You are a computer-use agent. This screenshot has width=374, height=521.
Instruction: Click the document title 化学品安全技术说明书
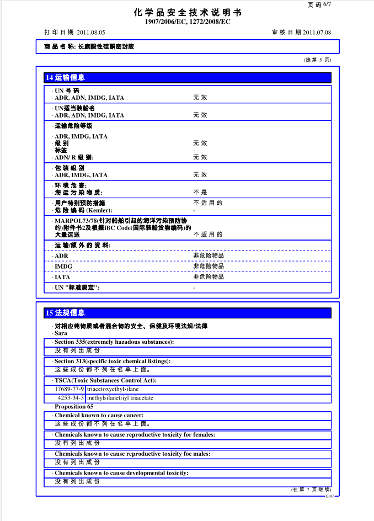187,13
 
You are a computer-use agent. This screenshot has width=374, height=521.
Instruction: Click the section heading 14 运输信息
65,78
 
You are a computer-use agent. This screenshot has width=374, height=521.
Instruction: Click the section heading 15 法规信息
65,313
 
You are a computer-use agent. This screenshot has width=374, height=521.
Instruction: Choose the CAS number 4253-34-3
70,397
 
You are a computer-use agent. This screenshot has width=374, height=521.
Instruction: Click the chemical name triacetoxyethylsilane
113,389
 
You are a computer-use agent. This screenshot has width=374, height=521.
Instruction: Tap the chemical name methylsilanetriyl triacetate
120,397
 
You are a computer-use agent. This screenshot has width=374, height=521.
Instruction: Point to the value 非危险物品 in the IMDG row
209,266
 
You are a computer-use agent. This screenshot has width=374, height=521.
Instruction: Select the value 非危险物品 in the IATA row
209,277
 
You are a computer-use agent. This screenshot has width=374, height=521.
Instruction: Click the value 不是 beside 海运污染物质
200,193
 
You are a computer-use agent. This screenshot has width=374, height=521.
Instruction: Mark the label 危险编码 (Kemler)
83,210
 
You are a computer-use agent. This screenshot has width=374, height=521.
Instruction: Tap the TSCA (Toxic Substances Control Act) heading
105,380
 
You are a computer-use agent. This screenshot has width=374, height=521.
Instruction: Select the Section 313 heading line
112,361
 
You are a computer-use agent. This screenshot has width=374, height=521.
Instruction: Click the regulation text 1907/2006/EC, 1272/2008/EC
187,22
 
